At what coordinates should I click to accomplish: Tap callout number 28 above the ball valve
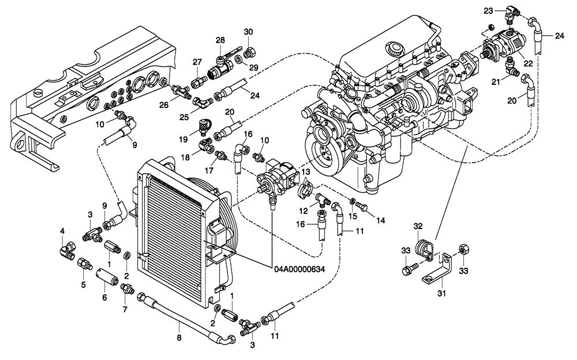click(x=220, y=40)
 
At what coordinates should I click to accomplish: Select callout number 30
click(x=249, y=31)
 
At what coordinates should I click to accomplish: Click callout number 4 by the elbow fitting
click(x=62, y=231)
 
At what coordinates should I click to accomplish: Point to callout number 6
click(x=104, y=298)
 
